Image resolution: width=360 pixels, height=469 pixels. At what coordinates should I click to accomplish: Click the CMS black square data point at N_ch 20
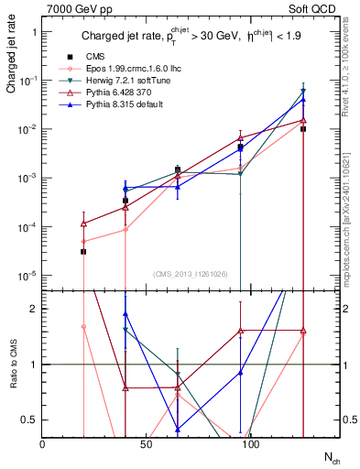point(83,251)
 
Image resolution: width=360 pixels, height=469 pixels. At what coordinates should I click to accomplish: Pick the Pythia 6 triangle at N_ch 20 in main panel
point(83,223)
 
